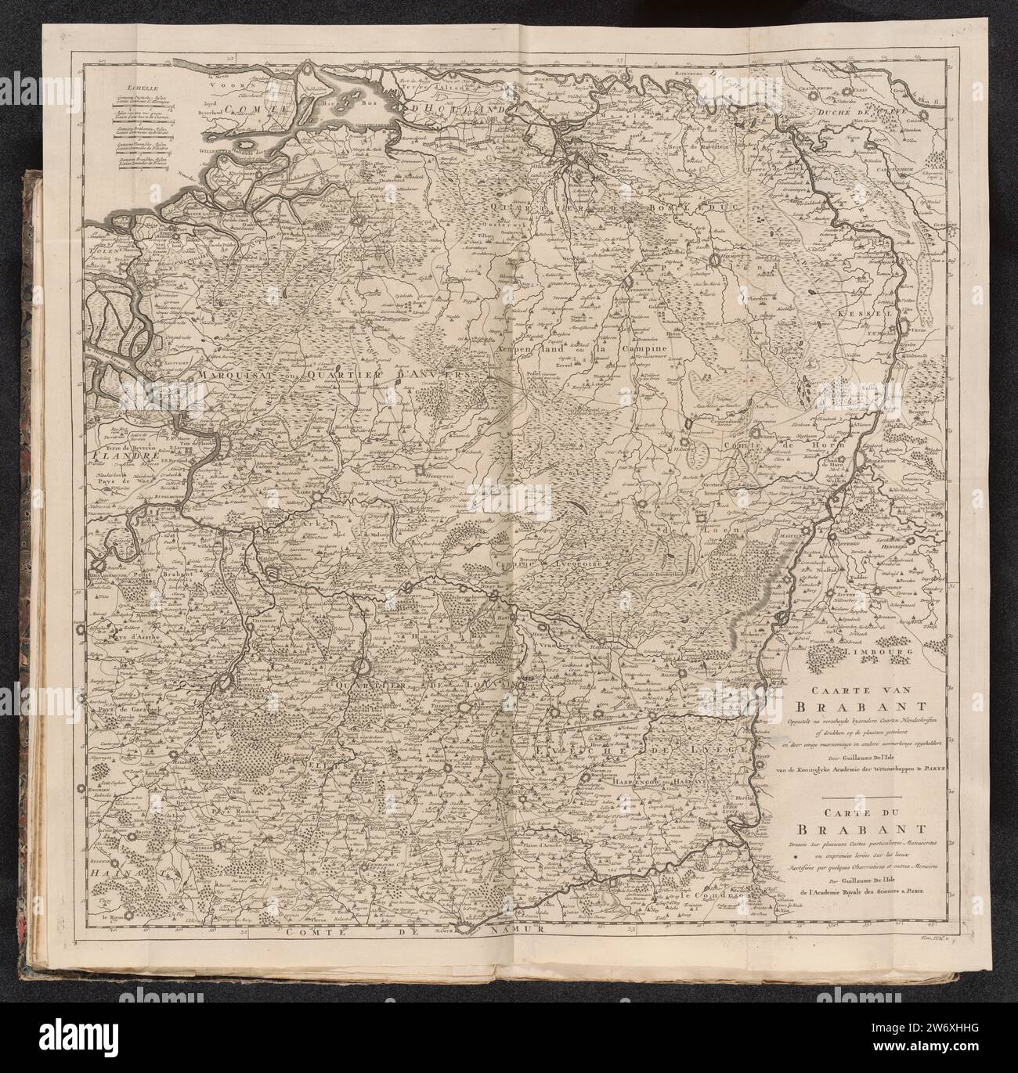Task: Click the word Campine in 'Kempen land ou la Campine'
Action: point(644,347)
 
